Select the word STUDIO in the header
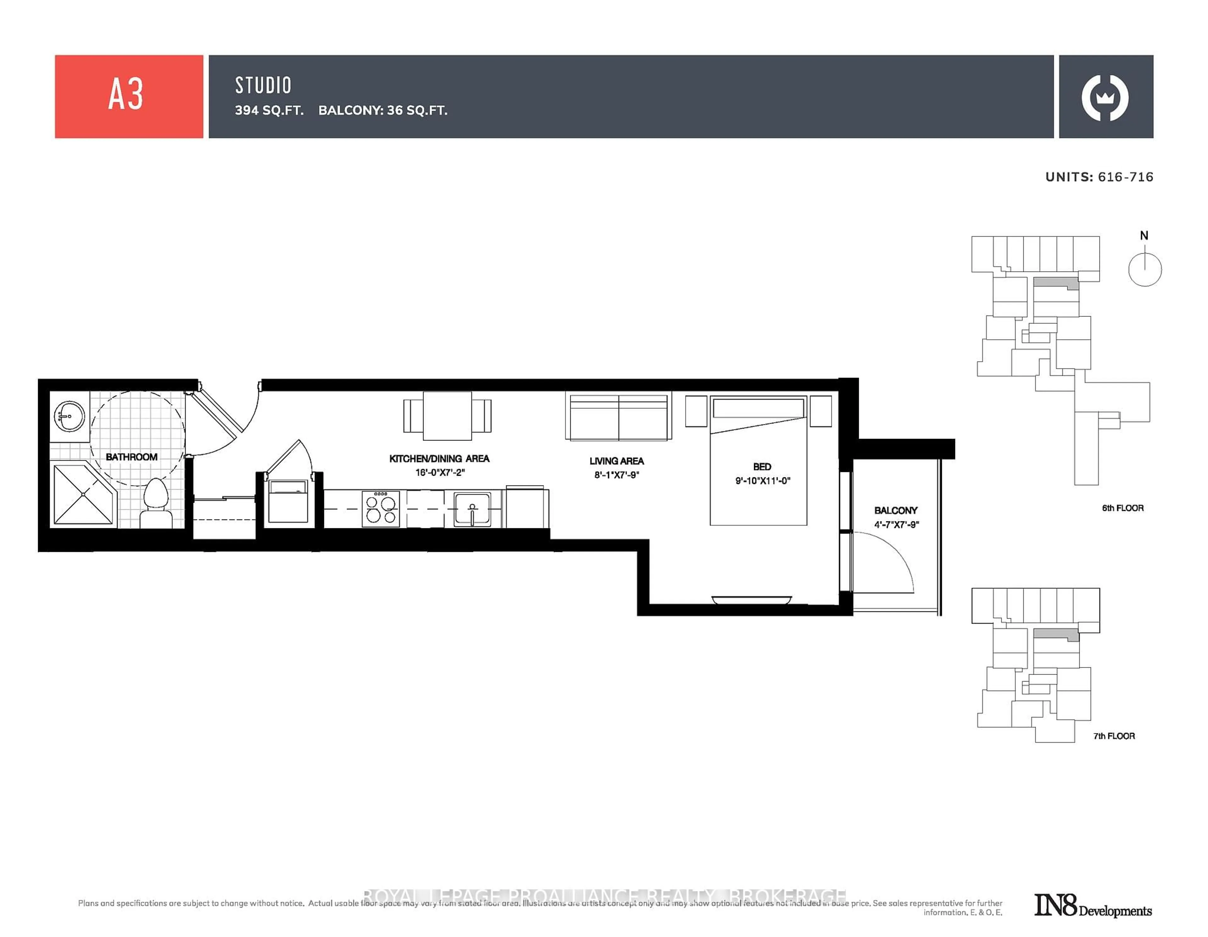tap(263, 85)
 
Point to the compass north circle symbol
tap(1144, 269)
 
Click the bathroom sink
tap(69, 416)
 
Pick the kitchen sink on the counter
tap(472, 509)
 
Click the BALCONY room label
tap(896, 511)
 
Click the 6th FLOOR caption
tap(1122, 508)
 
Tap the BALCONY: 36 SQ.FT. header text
tap(383, 111)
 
